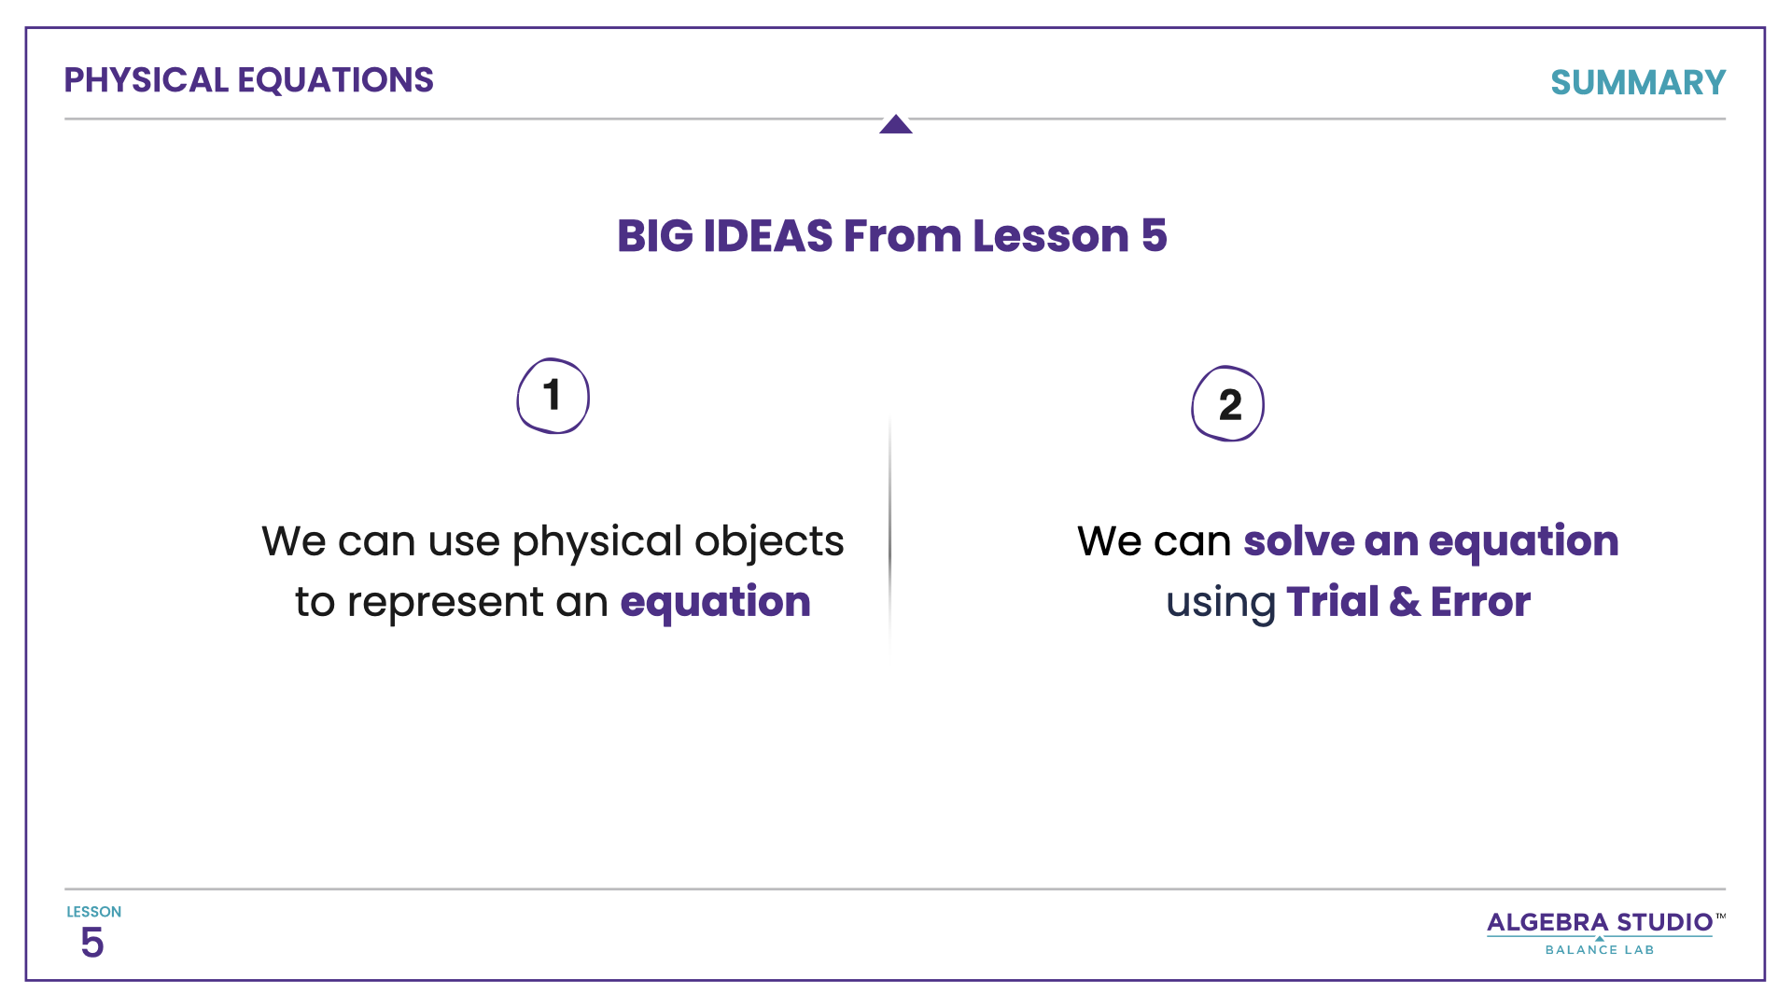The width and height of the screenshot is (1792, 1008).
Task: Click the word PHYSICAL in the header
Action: coord(146,80)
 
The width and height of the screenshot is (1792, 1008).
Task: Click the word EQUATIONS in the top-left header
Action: coord(335,80)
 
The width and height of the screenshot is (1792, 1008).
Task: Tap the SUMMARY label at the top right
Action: coord(1637,83)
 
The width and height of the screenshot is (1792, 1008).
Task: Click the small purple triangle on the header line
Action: coord(895,125)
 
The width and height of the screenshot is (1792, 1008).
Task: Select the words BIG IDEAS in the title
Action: coord(724,236)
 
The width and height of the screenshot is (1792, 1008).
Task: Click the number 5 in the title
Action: coord(1154,236)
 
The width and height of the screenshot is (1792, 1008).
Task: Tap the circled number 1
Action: coord(553,396)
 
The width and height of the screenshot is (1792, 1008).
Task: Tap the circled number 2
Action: coord(1228,404)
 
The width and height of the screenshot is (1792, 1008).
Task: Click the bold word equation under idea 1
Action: coord(715,602)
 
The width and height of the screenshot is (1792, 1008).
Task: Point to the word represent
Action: coord(445,602)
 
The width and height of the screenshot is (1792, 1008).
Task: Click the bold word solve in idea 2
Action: coord(1298,541)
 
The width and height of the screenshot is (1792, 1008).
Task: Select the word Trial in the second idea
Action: coord(1332,602)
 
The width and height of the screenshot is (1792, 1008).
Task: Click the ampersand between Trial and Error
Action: coord(1404,602)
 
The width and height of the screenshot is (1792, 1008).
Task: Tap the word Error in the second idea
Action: coord(1480,602)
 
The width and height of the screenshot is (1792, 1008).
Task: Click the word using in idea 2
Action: coord(1220,602)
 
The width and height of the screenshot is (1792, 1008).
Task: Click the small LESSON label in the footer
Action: coord(93,912)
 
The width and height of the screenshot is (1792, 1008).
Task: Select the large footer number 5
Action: coord(91,944)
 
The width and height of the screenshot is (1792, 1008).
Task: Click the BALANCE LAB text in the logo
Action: coord(1599,950)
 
